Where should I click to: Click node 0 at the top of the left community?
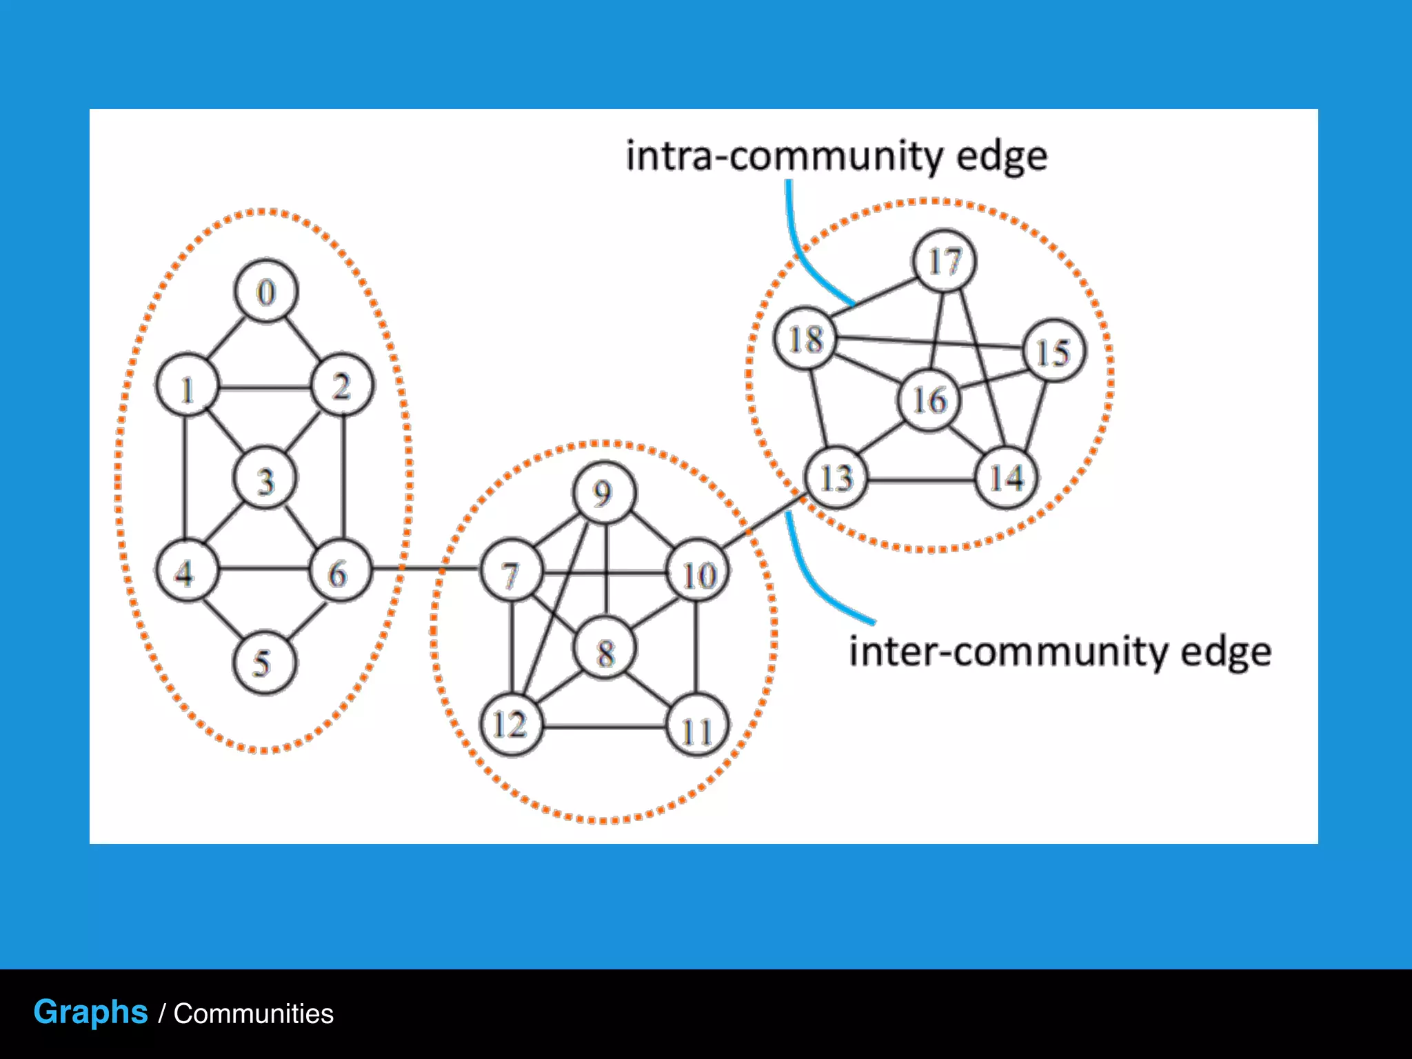[266, 292]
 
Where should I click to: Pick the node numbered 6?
[340, 572]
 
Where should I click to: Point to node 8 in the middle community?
[605, 650]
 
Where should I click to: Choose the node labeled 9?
[605, 492]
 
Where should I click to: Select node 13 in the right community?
[836, 477]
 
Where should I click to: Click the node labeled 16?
[929, 400]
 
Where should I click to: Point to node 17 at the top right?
[944, 261]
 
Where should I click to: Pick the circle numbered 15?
[1053, 351]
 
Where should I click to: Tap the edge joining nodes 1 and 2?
[265, 387]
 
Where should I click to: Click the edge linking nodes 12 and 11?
[604, 726]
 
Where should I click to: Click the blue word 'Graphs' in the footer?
[90, 1012]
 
